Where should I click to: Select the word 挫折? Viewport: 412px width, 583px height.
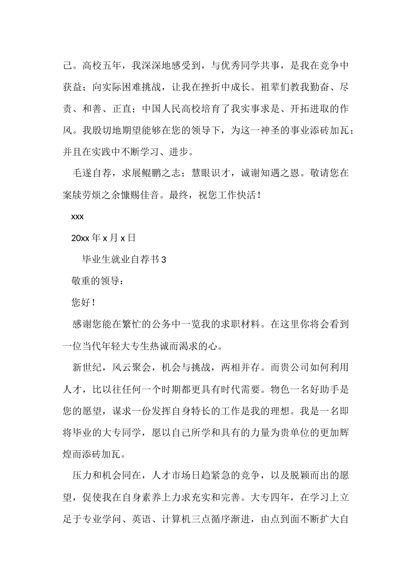[209, 87]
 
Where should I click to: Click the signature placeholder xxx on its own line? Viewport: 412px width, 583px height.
[77, 216]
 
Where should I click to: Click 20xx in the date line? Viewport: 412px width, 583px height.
[80, 238]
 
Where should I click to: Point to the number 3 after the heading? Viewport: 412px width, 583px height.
[163, 260]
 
